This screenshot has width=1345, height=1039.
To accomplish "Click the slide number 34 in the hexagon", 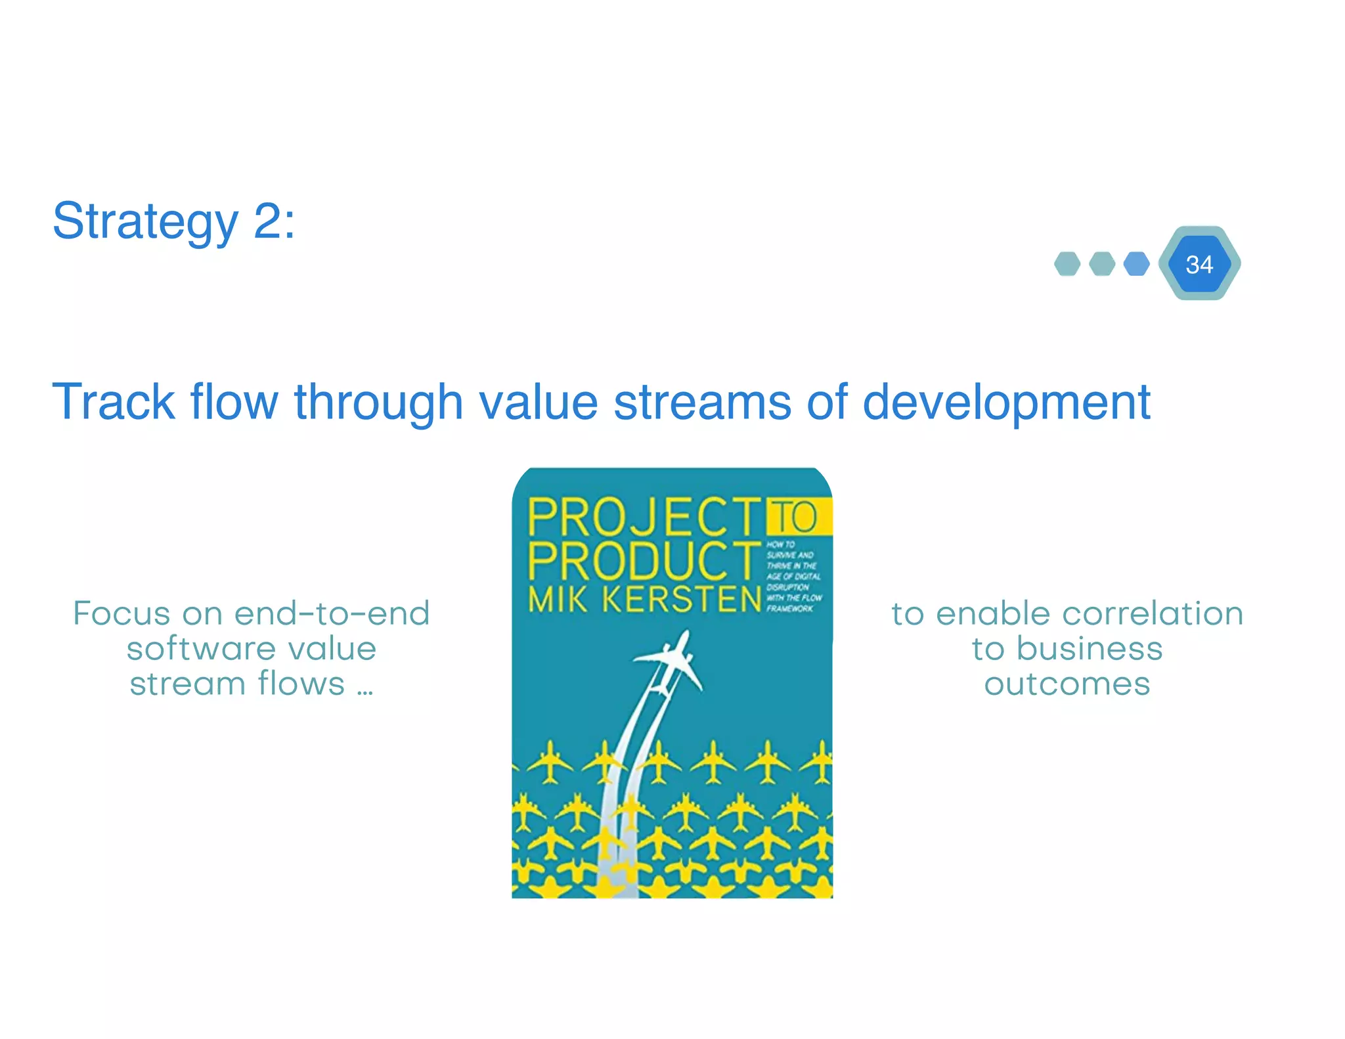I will point(1199,265).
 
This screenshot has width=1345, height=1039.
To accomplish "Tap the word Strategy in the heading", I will point(145,222).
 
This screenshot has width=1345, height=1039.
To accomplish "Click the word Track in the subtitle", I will point(113,401).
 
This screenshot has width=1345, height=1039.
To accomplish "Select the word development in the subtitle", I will point(1005,401).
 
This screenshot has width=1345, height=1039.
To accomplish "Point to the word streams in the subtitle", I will point(701,401).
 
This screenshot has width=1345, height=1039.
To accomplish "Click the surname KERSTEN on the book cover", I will point(682,599).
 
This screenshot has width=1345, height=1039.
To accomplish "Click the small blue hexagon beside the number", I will point(1136,264).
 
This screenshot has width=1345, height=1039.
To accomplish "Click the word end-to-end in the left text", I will point(332,613).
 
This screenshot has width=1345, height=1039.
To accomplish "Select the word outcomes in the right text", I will point(1067,684).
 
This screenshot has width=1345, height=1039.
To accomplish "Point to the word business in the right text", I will point(1090,649).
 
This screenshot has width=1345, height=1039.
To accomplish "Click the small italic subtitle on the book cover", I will point(793,577).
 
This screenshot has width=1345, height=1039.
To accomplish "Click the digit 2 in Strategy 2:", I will point(267,221).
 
